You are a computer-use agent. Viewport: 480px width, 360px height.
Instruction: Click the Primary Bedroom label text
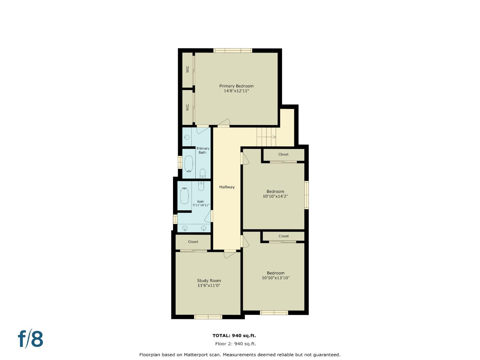(x=236, y=86)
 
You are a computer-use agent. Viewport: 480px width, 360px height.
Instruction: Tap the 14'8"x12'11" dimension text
(x=236, y=91)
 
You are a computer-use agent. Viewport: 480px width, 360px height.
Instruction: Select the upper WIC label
(x=187, y=69)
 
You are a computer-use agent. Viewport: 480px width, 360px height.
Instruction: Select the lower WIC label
(x=187, y=107)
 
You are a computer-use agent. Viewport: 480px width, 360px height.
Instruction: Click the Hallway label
(x=227, y=187)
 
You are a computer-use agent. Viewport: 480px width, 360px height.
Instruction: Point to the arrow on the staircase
(x=273, y=137)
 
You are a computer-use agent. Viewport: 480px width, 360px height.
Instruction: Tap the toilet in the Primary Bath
(x=202, y=173)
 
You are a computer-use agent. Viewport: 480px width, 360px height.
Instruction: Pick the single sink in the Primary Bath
(x=187, y=137)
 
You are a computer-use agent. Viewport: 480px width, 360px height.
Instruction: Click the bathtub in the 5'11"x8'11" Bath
(x=184, y=196)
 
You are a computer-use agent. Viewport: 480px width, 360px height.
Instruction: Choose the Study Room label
(x=209, y=281)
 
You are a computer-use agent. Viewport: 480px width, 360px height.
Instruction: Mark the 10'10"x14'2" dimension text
(x=275, y=196)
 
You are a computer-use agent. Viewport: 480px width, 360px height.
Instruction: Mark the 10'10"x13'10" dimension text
(x=275, y=278)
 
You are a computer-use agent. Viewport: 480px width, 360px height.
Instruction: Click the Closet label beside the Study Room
(x=193, y=242)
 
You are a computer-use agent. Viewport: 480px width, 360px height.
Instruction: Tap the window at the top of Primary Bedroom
(x=233, y=51)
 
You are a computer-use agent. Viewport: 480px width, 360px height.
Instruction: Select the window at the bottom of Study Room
(x=208, y=317)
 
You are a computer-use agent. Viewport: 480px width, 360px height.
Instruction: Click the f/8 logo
(x=30, y=339)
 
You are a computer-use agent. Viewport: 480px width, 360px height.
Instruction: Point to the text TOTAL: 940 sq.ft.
(x=234, y=336)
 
